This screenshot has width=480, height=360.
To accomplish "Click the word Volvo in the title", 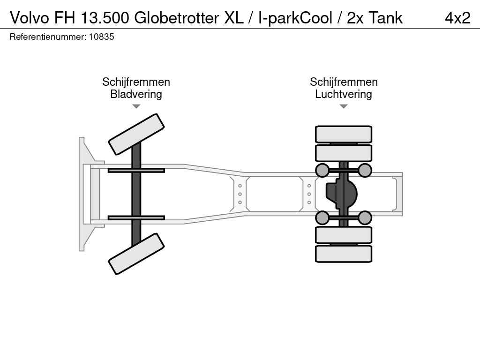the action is point(30,18).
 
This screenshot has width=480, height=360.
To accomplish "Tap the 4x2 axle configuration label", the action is point(457,18).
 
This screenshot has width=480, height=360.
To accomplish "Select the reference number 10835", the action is point(101,37).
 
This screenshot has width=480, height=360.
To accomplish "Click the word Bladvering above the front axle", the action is point(136,94).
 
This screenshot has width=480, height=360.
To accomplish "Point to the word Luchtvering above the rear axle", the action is point(344,94).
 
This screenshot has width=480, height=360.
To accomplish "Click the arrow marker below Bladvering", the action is point(136,106).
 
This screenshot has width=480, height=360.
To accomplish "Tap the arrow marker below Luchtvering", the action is point(344,106).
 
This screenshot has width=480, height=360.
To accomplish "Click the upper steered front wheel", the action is point(136,135).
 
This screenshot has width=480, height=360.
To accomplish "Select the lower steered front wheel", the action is point(136,254).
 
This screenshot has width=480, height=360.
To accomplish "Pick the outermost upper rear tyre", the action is point(344,134).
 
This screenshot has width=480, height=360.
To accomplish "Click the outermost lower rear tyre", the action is point(344,254).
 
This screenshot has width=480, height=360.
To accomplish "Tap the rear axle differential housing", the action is point(341,194).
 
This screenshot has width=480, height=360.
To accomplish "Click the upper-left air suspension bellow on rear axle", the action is point(322,170).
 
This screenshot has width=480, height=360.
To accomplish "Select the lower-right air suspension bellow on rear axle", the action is point(365,217).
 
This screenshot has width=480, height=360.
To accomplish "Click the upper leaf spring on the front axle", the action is point(136,171).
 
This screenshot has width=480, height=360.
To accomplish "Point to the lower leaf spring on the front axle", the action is point(136,217).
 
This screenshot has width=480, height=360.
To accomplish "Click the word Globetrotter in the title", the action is point(177,18).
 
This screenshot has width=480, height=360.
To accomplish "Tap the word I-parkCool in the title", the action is point(295,18).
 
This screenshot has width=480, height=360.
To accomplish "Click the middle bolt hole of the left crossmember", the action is point(240,194).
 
